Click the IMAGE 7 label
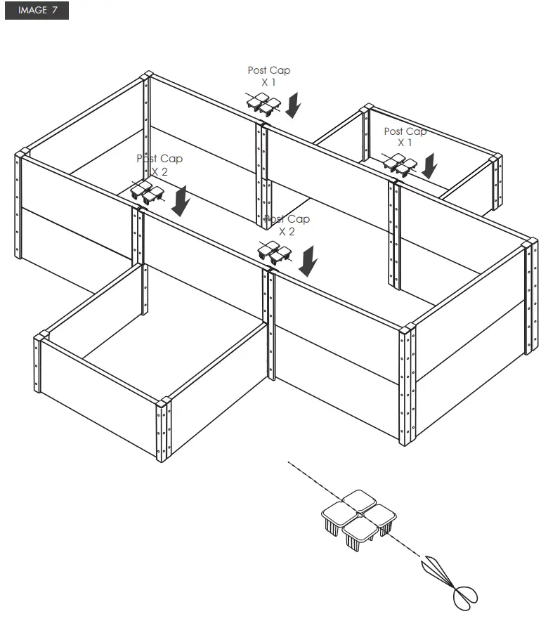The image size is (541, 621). [37, 11]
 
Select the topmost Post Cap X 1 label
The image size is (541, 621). [268, 76]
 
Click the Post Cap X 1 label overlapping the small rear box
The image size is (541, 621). [405, 136]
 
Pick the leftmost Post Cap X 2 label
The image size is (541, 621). [159, 164]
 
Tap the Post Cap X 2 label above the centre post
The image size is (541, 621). [287, 225]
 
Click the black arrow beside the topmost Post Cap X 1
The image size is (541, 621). [294, 105]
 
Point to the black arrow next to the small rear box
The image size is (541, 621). [429, 166]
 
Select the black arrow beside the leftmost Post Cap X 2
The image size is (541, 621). [181, 200]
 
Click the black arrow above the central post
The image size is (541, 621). [307, 261]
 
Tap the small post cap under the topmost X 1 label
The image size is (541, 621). [262, 105]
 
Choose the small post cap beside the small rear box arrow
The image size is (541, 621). [399, 165]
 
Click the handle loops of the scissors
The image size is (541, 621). [465, 596]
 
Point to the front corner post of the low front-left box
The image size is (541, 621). [164, 429]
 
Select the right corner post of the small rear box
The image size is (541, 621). [496, 181]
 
